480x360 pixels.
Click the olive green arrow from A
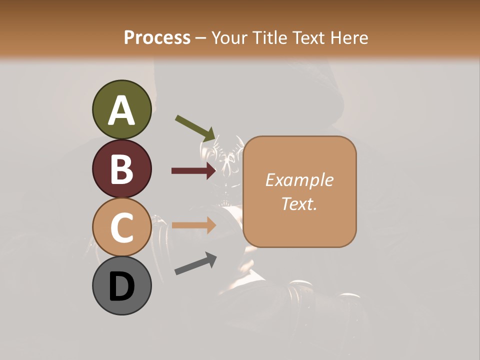195,128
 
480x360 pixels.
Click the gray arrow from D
195,263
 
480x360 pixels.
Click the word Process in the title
157,38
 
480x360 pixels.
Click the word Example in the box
299,180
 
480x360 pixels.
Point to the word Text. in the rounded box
299,203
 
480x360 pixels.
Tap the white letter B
121,169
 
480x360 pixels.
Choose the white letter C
121,227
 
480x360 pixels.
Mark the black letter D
121,286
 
